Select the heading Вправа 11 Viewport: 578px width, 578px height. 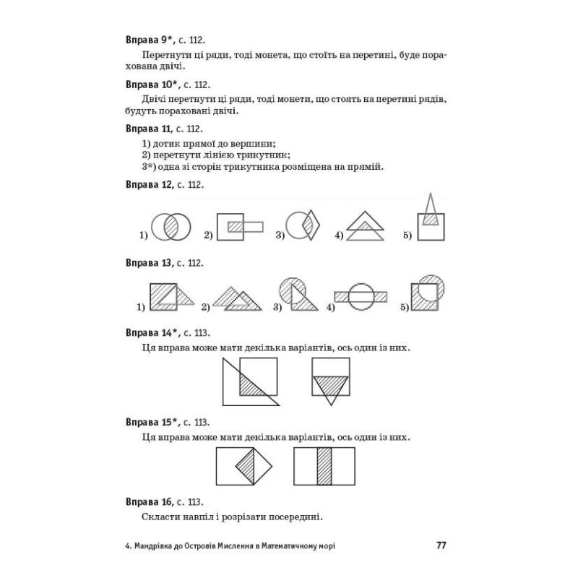tap(147, 129)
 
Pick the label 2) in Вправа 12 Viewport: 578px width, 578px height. tap(207, 235)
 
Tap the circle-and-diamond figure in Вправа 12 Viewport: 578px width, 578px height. tap(302, 225)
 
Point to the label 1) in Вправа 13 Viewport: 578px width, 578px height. tap(142, 308)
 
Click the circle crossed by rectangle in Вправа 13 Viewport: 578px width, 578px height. tap(361, 296)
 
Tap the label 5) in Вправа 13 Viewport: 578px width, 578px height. tap(405, 308)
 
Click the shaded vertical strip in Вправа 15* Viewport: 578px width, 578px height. tap(324, 467)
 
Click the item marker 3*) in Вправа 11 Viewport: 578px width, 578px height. tap(149, 167)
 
